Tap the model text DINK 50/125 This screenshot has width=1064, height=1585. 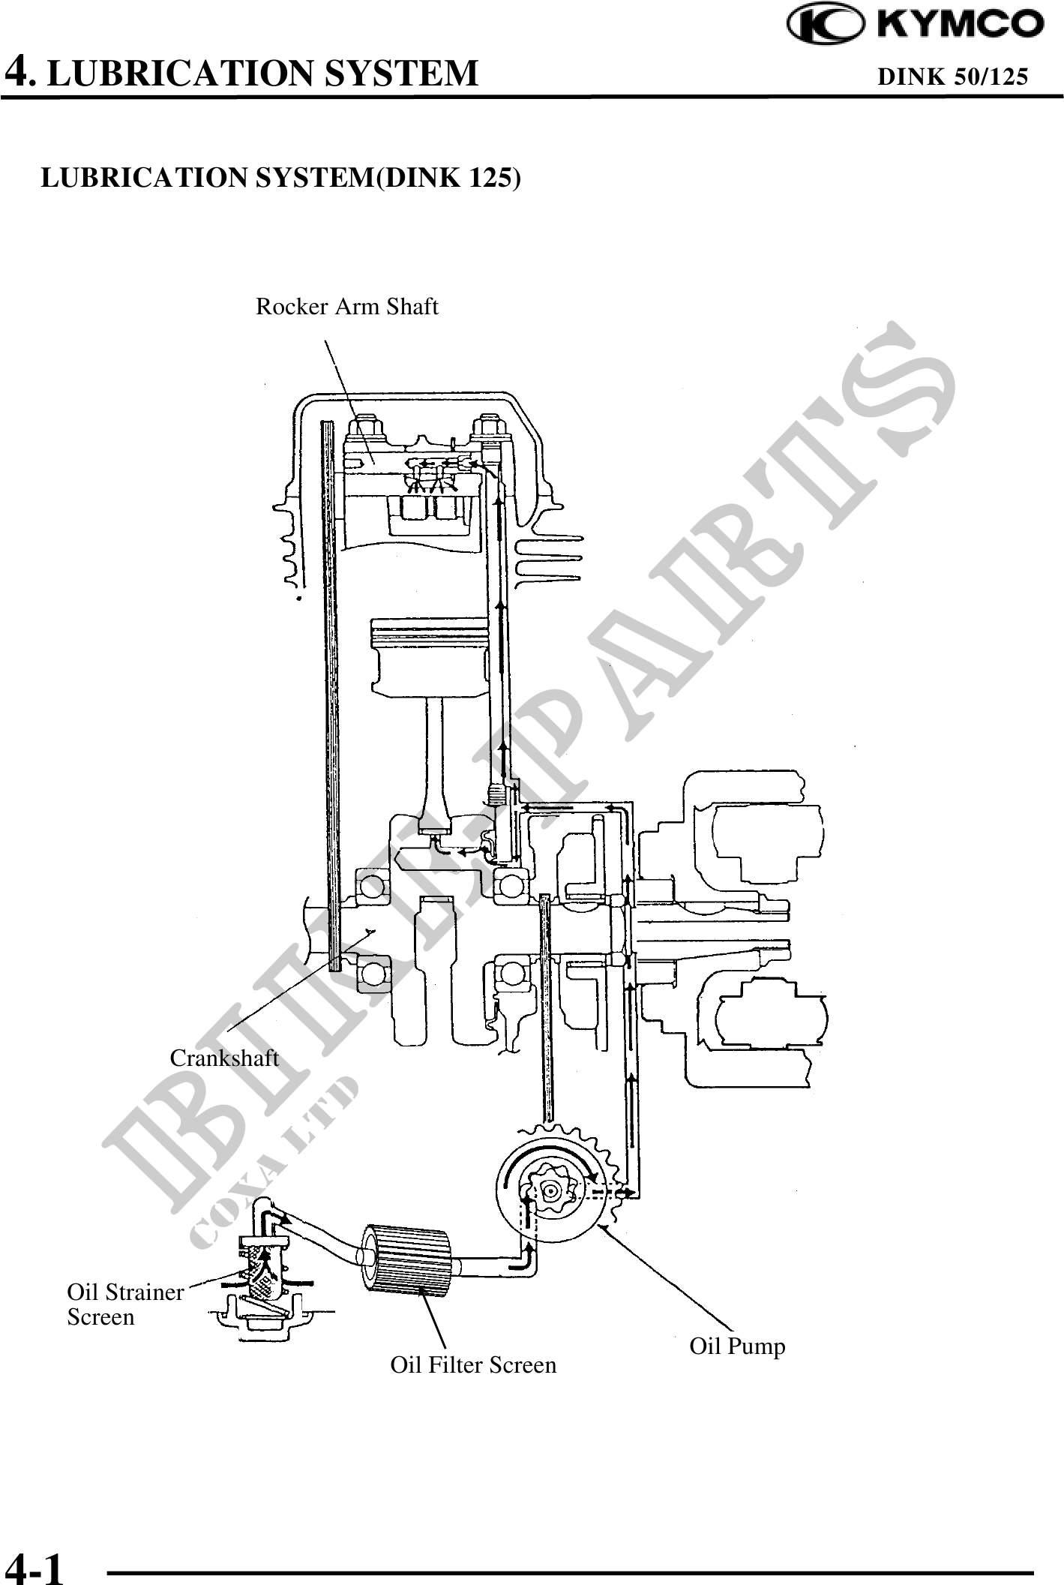tap(952, 77)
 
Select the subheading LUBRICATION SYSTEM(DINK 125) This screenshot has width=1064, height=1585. tap(280, 177)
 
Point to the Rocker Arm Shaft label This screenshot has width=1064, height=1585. tap(347, 307)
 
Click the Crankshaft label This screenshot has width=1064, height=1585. tap(224, 1058)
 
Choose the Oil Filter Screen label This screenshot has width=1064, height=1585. tap(474, 1364)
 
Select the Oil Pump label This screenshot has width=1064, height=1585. tap(738, 1346)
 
